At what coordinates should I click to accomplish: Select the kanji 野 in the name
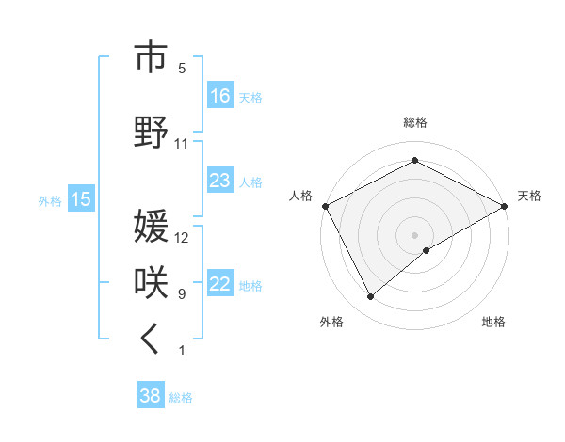(x=151, y=133)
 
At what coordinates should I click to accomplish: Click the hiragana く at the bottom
(x=151, y=340)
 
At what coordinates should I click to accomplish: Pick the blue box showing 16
(x=220, y=96)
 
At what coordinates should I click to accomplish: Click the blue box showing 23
(x=220, y=181)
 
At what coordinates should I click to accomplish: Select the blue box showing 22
(x=220, y=285)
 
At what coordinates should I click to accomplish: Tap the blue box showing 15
(x=81, y=199)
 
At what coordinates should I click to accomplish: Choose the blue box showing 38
(x=151, y=397)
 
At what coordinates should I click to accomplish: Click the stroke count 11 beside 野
(x=182, y=144)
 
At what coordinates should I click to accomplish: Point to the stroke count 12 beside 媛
(x=182, y=238)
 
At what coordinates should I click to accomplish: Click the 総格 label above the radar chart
(x=415, y=122)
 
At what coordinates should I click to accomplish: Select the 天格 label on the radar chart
(x=529, y=196)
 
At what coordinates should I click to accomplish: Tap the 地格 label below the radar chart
(x=493, y=322)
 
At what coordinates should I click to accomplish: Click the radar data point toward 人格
(x=325, y=205)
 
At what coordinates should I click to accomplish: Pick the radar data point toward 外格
(x=371, y=297)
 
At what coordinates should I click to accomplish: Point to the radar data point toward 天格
(x=506, y=205)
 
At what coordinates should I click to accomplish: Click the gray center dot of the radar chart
(x=415, y=234)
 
